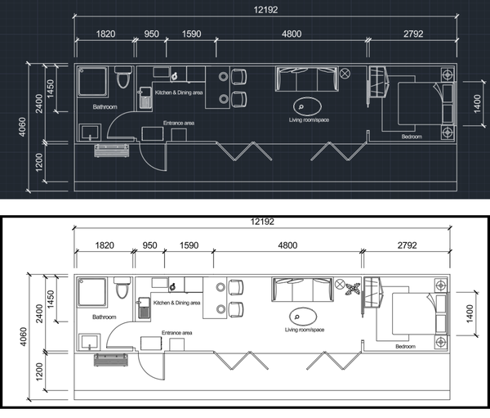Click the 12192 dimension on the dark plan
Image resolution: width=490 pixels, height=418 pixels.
265,10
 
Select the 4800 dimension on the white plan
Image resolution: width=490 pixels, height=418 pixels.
287,245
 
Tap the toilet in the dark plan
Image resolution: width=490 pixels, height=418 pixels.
122,77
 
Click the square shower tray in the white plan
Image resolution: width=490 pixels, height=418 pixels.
91,292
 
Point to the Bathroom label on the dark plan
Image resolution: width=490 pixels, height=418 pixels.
105,107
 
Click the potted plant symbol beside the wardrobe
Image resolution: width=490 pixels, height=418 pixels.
354,289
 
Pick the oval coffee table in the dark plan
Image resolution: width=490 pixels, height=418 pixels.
307,106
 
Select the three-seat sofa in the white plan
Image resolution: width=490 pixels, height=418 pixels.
302,290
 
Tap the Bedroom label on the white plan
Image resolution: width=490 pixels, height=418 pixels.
405,346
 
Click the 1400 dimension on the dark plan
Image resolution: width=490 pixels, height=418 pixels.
477,104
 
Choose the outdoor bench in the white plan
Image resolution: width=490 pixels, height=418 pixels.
111,360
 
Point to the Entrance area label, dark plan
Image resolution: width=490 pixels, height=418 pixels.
178,123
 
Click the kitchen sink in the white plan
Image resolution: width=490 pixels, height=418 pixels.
144,308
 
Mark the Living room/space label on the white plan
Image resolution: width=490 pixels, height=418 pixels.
305,330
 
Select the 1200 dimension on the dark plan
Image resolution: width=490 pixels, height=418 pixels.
39,162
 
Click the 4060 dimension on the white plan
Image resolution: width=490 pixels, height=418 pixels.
23,337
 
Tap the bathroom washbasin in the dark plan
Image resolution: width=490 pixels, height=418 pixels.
90,133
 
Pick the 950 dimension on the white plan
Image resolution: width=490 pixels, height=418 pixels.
149,245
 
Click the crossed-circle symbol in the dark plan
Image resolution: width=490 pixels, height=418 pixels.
345,74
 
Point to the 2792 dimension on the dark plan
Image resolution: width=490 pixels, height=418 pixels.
413,34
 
